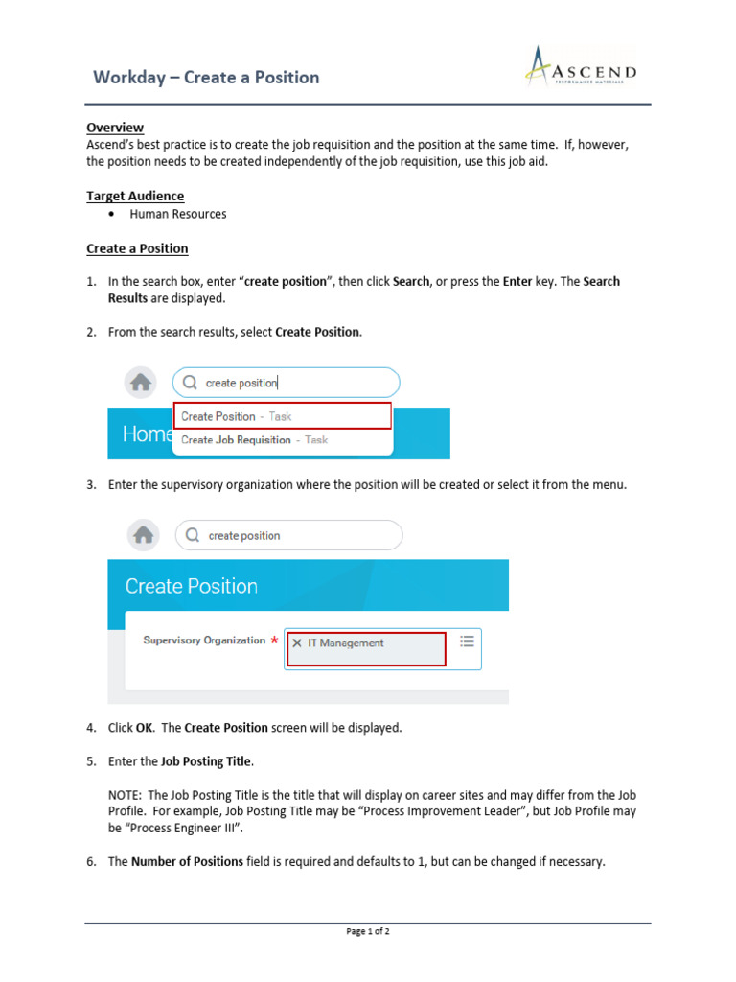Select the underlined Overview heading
click(x=115, y=128)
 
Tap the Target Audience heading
click(x=135, y=197)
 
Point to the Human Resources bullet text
click(x=178, y=214)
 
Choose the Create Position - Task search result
click(x=236, y=416)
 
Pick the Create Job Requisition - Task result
click(x=254, y=440)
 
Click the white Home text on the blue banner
click(x=147, y=434)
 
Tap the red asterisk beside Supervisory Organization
click(x=274, y=641)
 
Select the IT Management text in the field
click(x=345, y=643)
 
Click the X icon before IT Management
click(x=297, y=643)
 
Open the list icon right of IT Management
click(x=467, y=641)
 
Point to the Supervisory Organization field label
click(x=204, y=641)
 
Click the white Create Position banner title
click(x=192, y=587)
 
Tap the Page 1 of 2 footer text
click(x=368, y=931)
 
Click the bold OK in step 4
click(x=145, y=728)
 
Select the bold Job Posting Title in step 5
click(x=206, y=761)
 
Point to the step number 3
click(x=91, y=485)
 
